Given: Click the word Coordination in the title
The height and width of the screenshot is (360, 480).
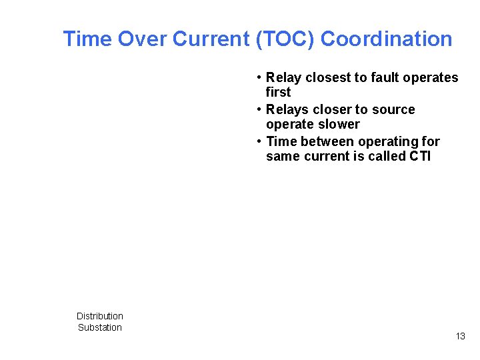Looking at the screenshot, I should [x=386, y=39].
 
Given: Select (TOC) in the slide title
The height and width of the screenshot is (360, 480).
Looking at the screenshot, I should [x=285, y=39].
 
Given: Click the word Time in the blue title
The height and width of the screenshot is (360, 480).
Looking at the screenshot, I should [x=87, y=39].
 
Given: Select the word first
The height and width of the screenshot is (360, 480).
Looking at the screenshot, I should [x=278, y=93].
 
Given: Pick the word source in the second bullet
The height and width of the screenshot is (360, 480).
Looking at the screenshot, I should [x=393, y=110].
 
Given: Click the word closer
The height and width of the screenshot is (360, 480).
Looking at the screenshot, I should [x=332, y=110].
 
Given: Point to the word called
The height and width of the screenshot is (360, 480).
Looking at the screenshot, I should [x=383, y=157].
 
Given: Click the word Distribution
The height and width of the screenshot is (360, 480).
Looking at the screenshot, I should [x=100, y=316].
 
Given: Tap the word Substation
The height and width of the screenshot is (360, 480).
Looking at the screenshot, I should [x=100, y=327].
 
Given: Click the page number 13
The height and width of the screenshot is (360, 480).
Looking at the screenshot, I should [x=460, y=336].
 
